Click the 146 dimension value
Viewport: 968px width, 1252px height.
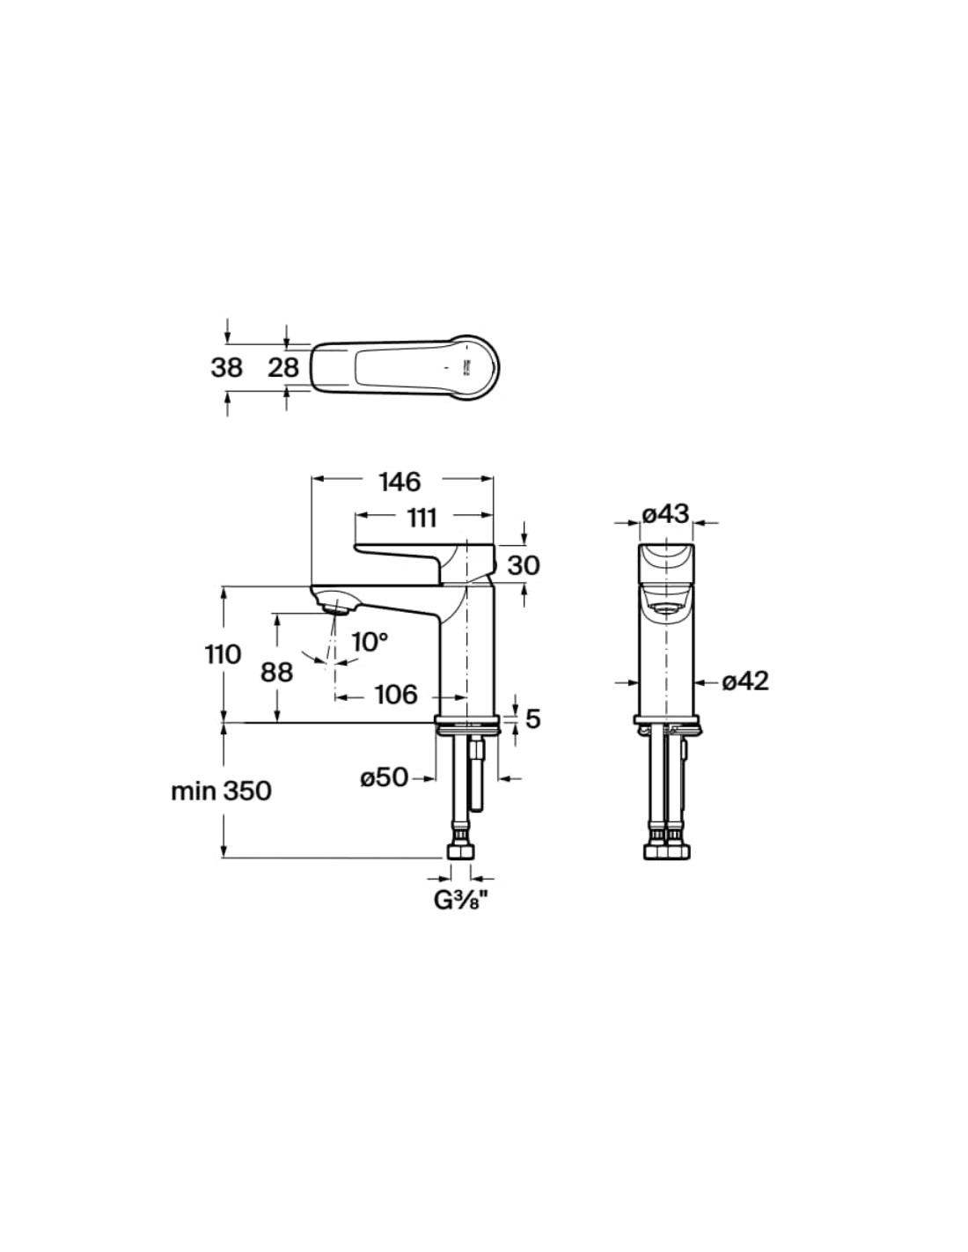coord(400,482)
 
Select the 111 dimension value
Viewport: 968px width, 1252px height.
coord(422,519)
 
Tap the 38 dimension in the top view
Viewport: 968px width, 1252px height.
coord(226,367)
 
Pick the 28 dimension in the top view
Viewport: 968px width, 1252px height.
coord(283,367)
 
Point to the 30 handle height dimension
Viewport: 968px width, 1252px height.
coord(523,565)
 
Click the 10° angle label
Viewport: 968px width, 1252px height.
coord(370,641)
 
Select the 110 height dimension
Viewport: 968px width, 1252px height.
coord(223,654)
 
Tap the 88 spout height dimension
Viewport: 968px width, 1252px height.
coord(276,672)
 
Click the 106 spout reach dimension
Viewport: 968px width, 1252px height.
coord(396,695)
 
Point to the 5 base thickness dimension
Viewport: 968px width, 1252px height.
coord(532,718)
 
